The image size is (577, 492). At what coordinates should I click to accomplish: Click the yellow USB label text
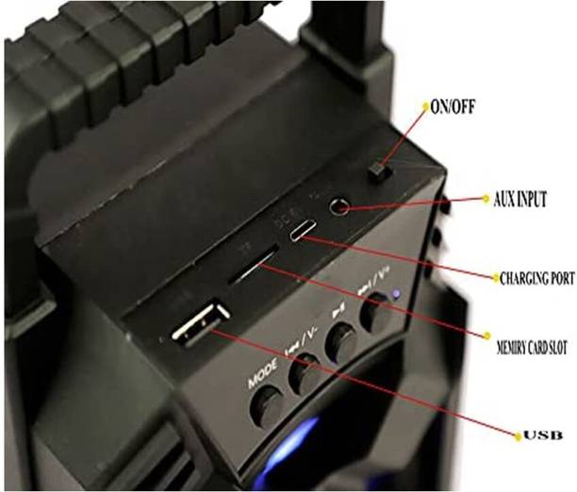point(546,435)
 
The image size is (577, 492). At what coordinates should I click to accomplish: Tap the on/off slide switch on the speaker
point(377,172)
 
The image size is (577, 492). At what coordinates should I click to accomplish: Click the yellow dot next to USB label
point(517,435)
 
